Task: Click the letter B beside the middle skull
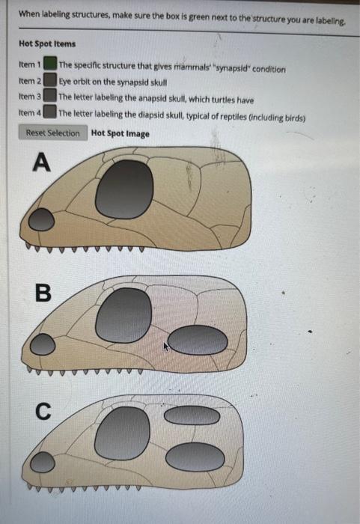[43, 293]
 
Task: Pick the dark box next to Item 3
[50, 97]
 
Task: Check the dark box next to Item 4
[50, 112]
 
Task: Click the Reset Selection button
[52, 133]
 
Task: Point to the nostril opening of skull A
[42, 219]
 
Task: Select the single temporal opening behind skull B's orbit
[198, 341]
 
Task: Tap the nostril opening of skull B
[43, 344]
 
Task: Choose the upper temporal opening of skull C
[192, 415]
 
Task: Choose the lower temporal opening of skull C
[195, 457]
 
